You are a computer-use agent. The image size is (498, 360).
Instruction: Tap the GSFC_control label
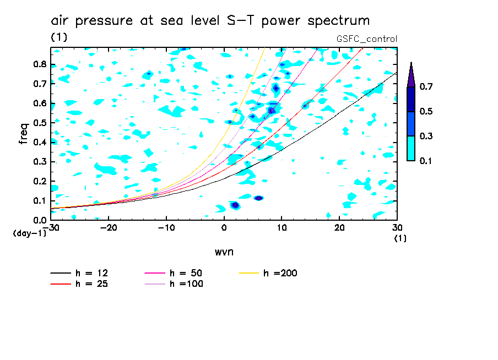point(366,39)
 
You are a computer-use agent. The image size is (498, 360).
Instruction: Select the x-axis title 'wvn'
point(224,252)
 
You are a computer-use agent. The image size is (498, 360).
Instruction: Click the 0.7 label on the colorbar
point(426,86)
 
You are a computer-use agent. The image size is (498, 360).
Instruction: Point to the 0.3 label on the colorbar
point(426,136)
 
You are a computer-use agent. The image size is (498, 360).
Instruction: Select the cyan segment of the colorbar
point(411,148)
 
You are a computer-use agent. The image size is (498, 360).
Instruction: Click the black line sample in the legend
point(61,273)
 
